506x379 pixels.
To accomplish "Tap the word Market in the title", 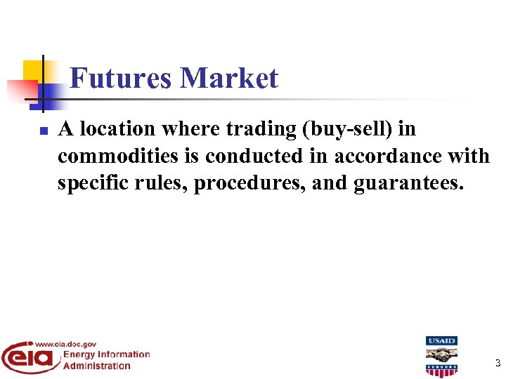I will click(x=229, y=78).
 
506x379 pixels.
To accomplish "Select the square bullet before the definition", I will click(x=43, y=131).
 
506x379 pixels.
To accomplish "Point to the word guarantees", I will click(x=408, y=182).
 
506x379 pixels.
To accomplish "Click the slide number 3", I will click(x=498, y=364).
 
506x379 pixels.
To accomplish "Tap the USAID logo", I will click(x=441, y=357).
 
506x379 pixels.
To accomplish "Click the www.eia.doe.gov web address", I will click(x=65, y=344).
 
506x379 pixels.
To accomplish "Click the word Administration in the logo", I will click(x=97, y=365).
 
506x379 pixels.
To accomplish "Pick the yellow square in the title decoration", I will click(x=33, y=70).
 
